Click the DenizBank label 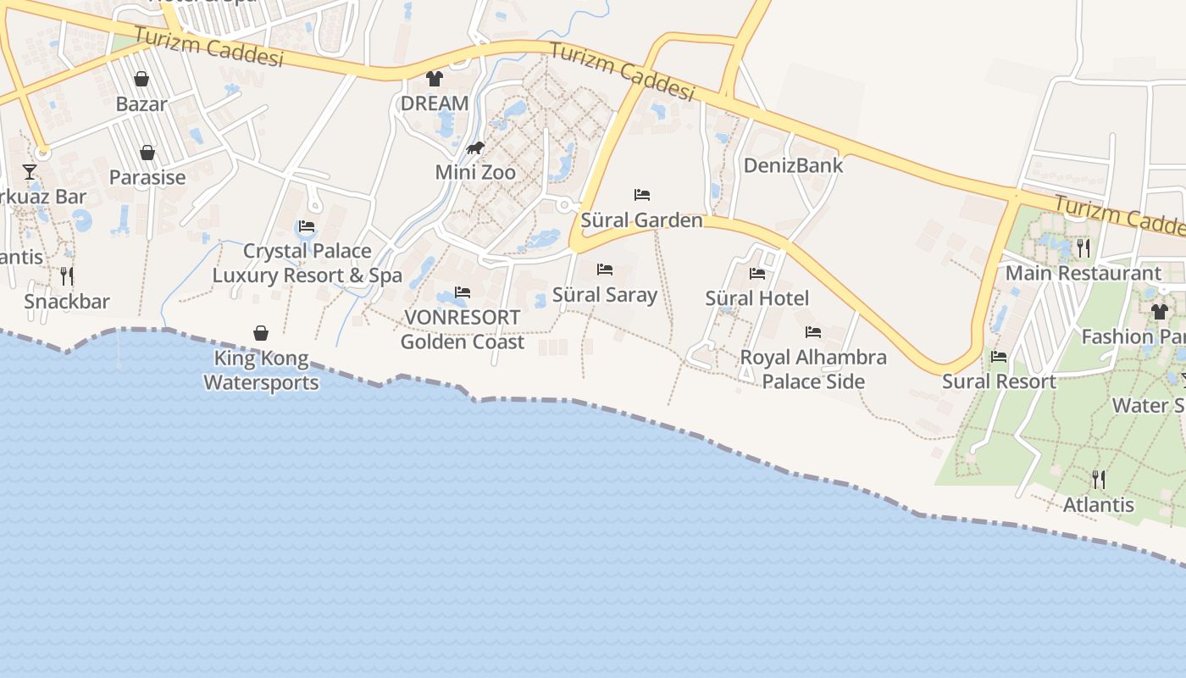pos(793,165)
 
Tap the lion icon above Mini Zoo pos(475,149)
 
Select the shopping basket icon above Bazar pos(141,79)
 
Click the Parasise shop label pos(147,177)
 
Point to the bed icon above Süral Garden pos(642,195)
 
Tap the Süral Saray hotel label pos(605,295)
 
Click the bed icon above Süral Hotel pos(757,273)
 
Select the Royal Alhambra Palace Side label pos(813,370)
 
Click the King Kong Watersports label pos(261,370)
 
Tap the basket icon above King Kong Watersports pos(261,333)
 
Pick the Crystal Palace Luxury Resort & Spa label pos(307,263)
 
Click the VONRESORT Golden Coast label pos(463,330)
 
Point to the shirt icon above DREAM pos(435,79)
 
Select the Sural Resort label pos(999,381)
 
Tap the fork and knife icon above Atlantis pos(1099,480)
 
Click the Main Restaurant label pos(1083,273)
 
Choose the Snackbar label pos(67,302)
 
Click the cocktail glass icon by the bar pos(30,172)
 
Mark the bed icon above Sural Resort pos(999,357)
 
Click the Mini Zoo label pos(475,172)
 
